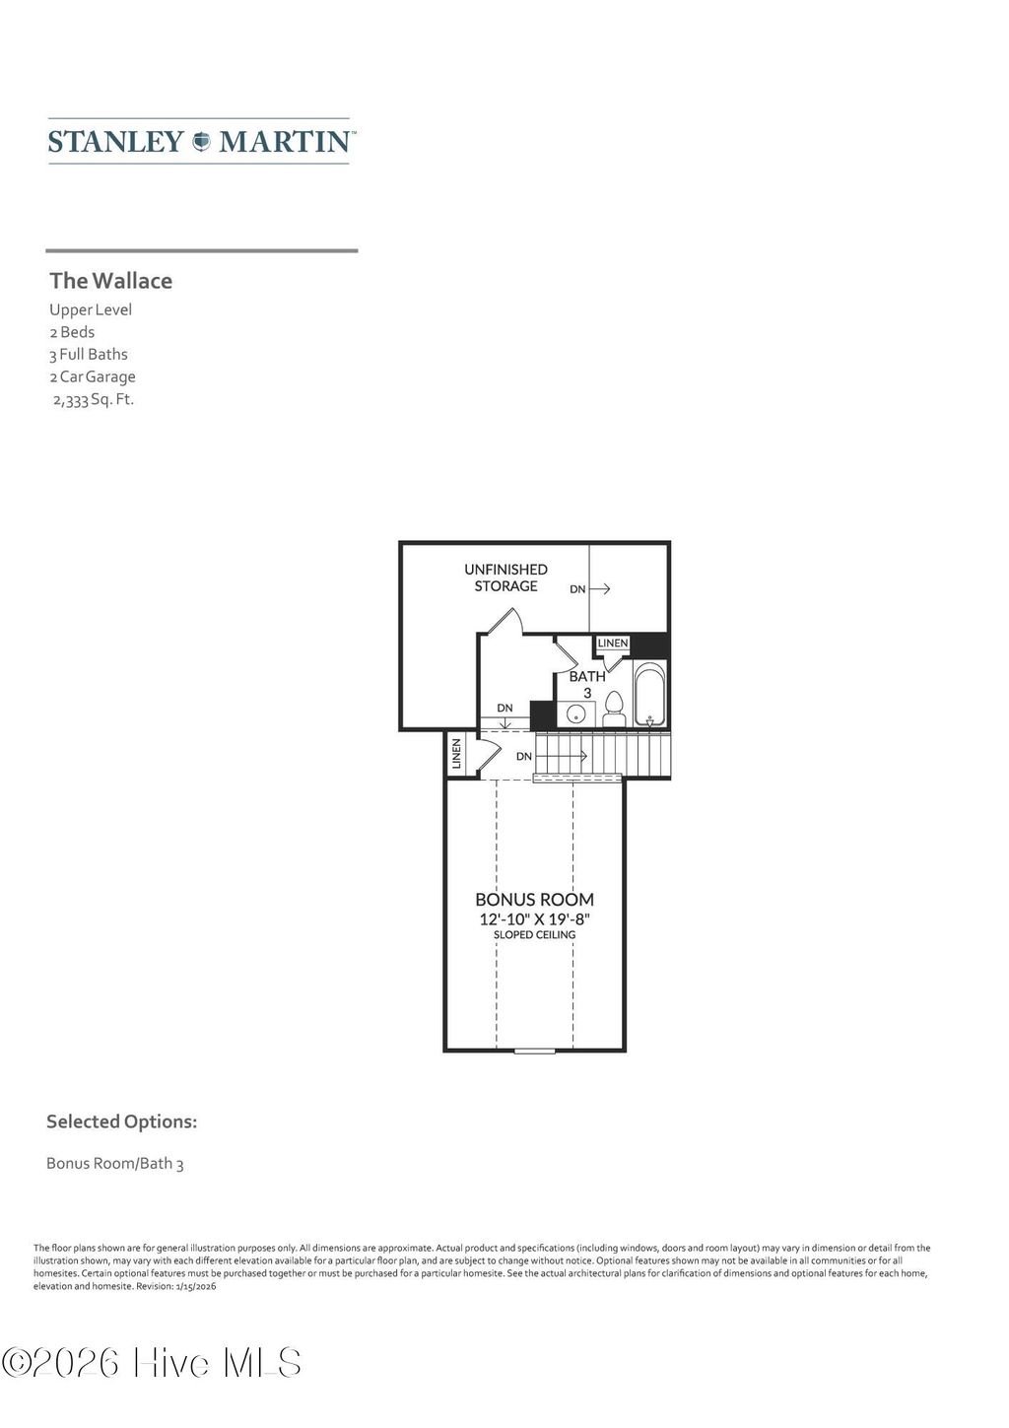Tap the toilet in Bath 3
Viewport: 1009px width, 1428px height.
pos(614,709)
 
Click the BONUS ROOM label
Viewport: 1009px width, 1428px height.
pos(534,900)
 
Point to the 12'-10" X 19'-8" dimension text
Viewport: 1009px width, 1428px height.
pos(534,918)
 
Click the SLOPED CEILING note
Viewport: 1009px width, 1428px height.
pos(534,934)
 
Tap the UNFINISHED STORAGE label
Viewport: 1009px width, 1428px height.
pos(505,578)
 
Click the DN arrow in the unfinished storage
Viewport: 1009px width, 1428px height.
pos(590,589)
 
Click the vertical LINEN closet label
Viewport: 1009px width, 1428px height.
pos(456,755)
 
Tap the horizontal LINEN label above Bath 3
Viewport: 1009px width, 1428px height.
pos(612,644)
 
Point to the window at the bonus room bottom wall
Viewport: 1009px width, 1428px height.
pos(534,1052)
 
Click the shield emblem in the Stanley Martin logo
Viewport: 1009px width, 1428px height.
pos(201,141)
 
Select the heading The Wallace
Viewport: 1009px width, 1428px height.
pos(111,281)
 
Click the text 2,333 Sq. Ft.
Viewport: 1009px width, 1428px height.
pos(93,399)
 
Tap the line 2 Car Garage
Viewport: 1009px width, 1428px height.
pos(93,376)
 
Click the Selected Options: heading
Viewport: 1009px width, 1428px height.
pos(121,1122)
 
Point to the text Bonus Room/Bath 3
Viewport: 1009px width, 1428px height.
pos(115,1164)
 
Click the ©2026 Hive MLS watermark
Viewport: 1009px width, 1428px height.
pos(152,1363)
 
